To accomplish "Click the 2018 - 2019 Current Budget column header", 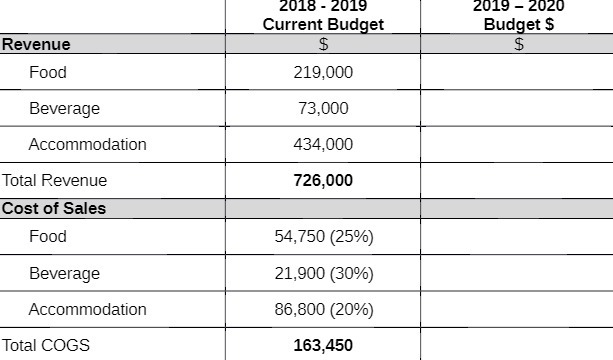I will tap(323, 15).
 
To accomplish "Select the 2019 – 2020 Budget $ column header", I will tap(518, 15).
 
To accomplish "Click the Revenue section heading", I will tap(36, 44).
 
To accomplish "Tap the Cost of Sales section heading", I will tap(54, 209).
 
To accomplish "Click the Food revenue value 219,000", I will tap(323, 73).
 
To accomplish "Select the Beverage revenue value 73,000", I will tap(323, 108).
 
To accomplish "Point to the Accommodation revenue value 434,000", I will tap(323, 144).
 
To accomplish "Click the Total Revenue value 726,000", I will tap(323, 181).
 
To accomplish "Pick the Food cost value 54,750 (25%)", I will tap(323, 237).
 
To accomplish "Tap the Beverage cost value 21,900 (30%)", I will tap(323, 273).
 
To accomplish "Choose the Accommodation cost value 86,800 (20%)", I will tap(323, 309).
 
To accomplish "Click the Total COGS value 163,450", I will tap(323, 346).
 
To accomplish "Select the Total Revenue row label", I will tap(54, 181).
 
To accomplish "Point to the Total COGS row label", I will tap(46, 346).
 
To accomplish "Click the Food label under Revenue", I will tap(48, 73).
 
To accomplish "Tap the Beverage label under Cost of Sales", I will tap(64, 273).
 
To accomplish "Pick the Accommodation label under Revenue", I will tap(87, 144).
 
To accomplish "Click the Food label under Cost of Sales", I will tap(48, 237).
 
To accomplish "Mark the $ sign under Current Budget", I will tap(323, 44).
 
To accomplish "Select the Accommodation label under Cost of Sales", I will tap(87, 309).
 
